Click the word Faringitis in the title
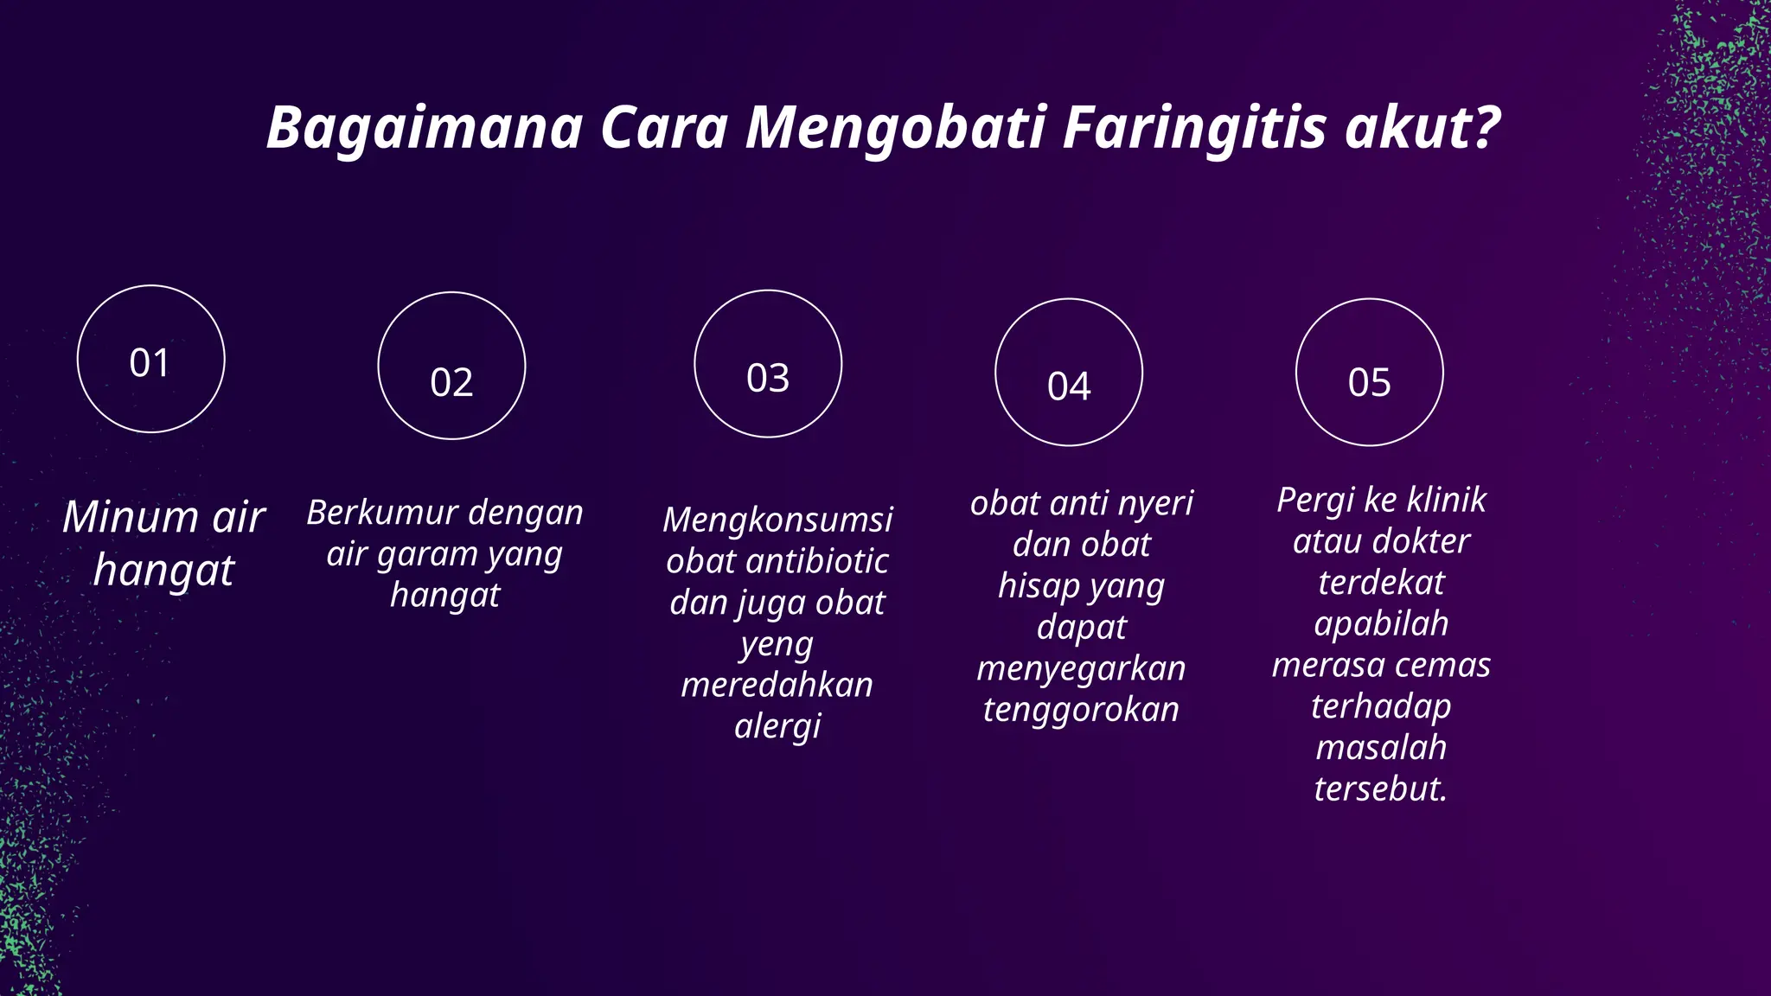1194,128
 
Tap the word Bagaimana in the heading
425,128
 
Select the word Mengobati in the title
895,128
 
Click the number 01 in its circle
150,363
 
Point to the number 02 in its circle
451,382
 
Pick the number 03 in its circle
768,378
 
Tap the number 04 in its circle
1069,386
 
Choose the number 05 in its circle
1370,382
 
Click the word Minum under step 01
131,517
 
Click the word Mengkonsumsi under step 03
777,520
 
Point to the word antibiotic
817,561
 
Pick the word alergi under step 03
777,726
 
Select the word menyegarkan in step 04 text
1081,668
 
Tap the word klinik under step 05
1446,500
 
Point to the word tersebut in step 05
1380,788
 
